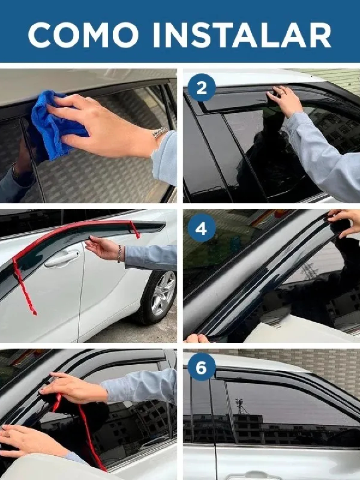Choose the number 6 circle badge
202,368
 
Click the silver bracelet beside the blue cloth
160,133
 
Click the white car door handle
62,260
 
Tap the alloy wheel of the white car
163,293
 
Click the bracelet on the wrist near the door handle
119,254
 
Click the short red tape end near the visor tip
135,230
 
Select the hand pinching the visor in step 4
344,224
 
